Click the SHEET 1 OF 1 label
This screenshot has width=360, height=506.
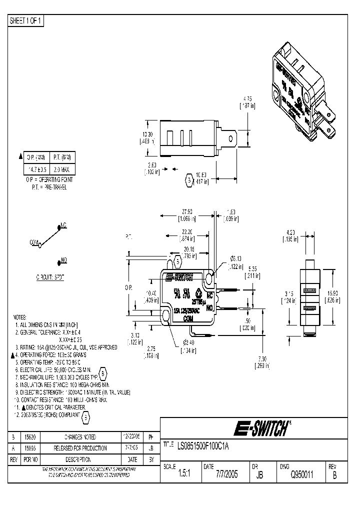coord(26,20)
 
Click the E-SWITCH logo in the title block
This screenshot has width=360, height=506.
coord(260,428)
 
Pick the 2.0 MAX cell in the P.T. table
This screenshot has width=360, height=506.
coord(62,169)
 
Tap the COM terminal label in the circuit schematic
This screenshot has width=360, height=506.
coord(34,242)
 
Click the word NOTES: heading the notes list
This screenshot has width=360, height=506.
coord(19,317)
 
